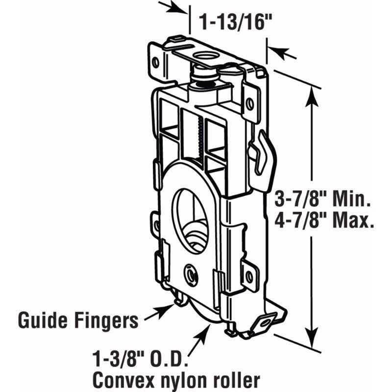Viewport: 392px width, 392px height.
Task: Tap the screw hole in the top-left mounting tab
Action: pyautogui.click(x=155, y=62)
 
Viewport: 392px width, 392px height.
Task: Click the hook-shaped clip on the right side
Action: pyautogui.click(x=261, y=152)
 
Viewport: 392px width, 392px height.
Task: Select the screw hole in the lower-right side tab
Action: pyautogui.click(x=249, y=277)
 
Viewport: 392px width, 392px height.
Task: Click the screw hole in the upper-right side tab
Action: pyautogui.click(x=249, y=103)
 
